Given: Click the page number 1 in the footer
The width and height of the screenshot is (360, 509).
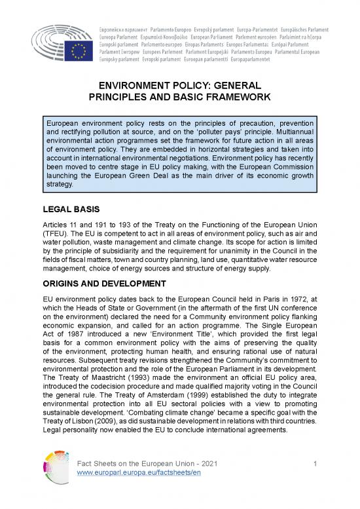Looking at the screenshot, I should (315, 482).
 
